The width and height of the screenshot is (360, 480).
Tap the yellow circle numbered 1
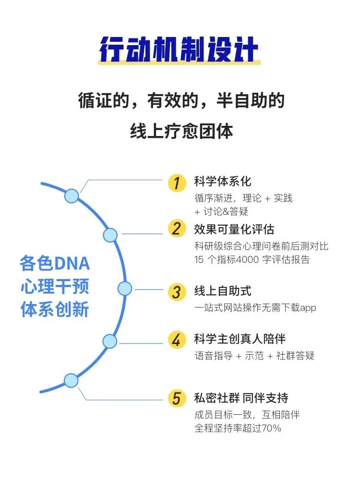coord(177,183)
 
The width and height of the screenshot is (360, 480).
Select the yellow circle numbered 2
coord(177,229)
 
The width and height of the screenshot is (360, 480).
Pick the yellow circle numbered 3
coord(177,292)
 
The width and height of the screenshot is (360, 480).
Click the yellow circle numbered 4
coord(177,340)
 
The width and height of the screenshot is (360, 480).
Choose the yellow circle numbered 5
coord(177,398)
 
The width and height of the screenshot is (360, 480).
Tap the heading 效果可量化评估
coord(234,229)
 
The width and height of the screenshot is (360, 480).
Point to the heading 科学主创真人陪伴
coord(240,339)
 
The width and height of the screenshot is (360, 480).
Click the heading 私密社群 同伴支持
coord(241,398)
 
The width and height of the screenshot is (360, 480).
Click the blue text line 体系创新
coord(55,310)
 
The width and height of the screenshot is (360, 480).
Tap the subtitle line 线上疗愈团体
coord(181,131)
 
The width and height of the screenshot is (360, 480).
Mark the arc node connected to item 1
coord(72,196)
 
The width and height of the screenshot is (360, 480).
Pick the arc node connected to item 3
coord(125,288)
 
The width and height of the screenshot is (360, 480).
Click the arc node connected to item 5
coord(71,381)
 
